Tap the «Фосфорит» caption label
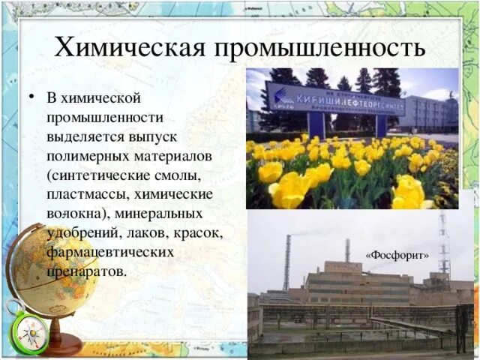pyautogui.click(x=397, y=256)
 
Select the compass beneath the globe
pyautogui.click(x=30, y=330)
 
